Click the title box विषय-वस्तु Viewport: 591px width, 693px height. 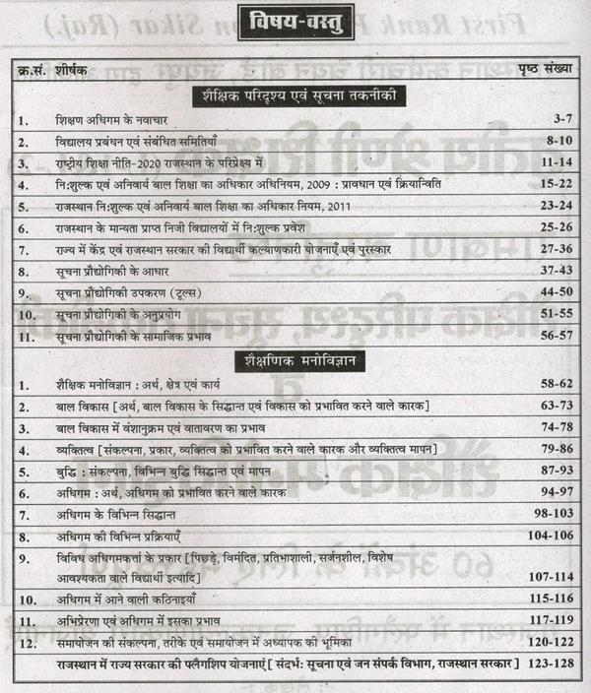pos(293,22)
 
